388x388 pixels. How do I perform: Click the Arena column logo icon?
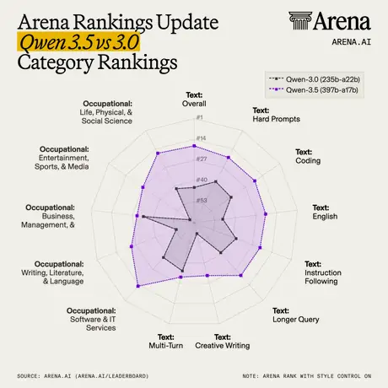point(300,20)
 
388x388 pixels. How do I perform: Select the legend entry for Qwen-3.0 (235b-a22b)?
point(315,79)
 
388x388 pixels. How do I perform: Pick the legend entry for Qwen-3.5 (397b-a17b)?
point(314,90)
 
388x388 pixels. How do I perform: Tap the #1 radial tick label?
point(199,117)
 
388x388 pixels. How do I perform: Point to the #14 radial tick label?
point(201,138)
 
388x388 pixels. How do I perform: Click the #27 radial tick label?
point(202,159)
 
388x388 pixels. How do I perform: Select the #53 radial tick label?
point(202,200)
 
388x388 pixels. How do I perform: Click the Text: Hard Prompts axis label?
point(276,115)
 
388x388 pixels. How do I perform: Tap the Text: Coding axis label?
point(308,156)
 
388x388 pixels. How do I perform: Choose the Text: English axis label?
point(325,212)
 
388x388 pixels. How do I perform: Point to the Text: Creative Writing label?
point(223,342)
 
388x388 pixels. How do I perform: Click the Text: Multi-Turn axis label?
point(166,342)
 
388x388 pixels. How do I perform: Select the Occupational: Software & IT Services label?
point(91,320)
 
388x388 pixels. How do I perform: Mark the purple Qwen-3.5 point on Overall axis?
point(194,146)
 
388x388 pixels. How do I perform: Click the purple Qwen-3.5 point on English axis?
point(266,214)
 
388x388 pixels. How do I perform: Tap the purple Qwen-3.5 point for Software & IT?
point(138,286)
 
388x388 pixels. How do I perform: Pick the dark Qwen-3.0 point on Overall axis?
point(194,187)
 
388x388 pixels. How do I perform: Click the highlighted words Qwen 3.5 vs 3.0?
point(79,42)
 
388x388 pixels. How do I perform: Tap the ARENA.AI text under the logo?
point(352,42)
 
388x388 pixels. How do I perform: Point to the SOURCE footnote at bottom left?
point(83,376)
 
